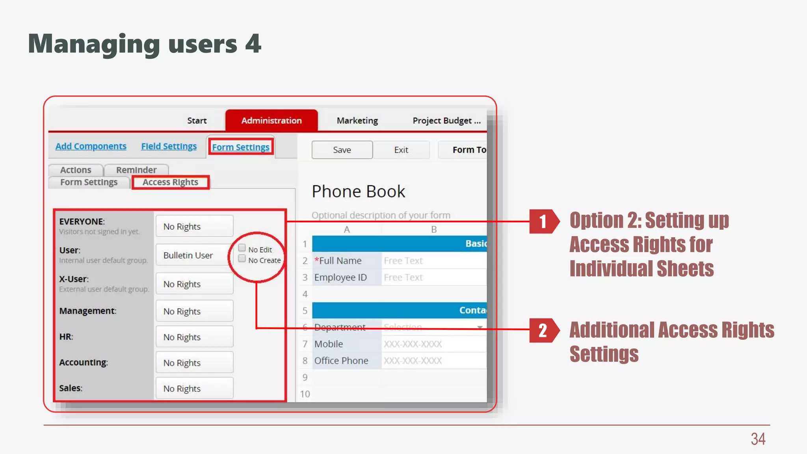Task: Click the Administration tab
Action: (271, 121)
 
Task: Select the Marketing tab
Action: (357, 121)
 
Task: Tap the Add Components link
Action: (91, 146)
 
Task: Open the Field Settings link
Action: (169, 146)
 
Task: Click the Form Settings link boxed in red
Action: (241, 147)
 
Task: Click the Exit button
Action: (401, 150)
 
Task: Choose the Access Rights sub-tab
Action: (170, 182)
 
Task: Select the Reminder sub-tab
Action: (136, 170)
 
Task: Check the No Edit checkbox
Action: (242, 248)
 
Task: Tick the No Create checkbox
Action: (242, 259)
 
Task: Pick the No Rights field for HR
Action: (194, 337)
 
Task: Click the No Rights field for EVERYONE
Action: (194, 227)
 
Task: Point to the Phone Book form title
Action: (358, 192)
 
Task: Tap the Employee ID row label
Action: (340, 277)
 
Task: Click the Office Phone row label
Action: (341, 361)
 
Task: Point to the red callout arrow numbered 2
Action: (544, 330)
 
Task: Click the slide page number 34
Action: (758, 439)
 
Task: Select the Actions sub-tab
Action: (76, 170)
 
